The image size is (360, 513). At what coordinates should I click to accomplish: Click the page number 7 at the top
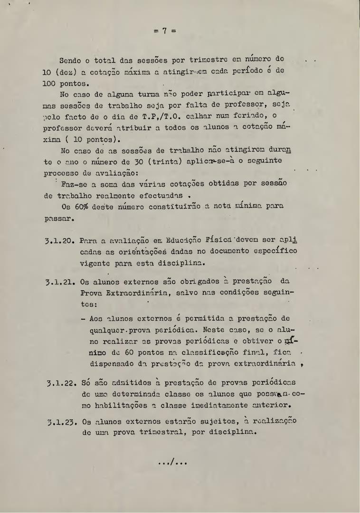coord(164,31)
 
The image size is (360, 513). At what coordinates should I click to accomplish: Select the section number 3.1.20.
coord(60,241)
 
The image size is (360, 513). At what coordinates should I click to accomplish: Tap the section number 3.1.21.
coord(60,282)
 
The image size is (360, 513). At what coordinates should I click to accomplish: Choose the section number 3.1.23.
coord(63,422)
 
